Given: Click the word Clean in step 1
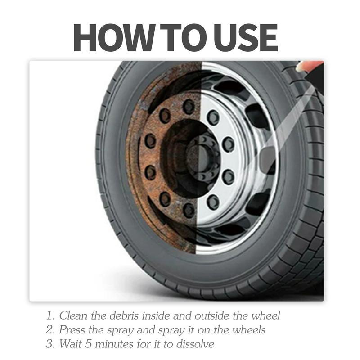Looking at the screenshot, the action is (73, 315).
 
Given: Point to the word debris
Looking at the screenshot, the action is (124, 315).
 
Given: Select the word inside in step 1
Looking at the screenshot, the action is (156, 315).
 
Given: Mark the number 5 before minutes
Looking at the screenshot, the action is (89, 344).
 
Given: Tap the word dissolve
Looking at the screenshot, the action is (195, 344).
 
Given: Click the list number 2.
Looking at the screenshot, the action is (49, 330).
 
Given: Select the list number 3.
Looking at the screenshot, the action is (49, 344).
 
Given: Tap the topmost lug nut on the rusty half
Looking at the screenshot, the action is (189, 107).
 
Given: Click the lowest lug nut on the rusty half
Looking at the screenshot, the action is (189, 210).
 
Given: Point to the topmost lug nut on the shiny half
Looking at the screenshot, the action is (213, 117).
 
